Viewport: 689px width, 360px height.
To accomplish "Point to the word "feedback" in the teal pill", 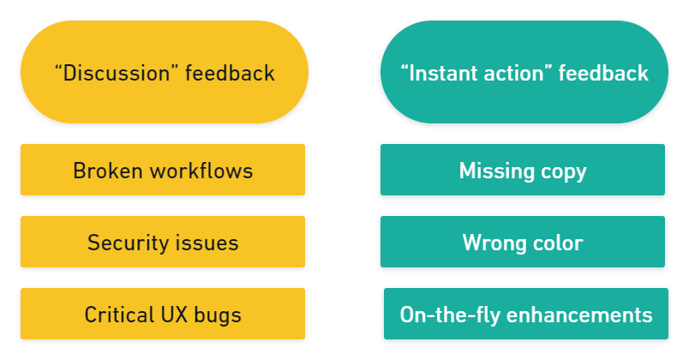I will tap(603, 73).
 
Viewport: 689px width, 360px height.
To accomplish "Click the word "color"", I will tap(556, 243).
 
